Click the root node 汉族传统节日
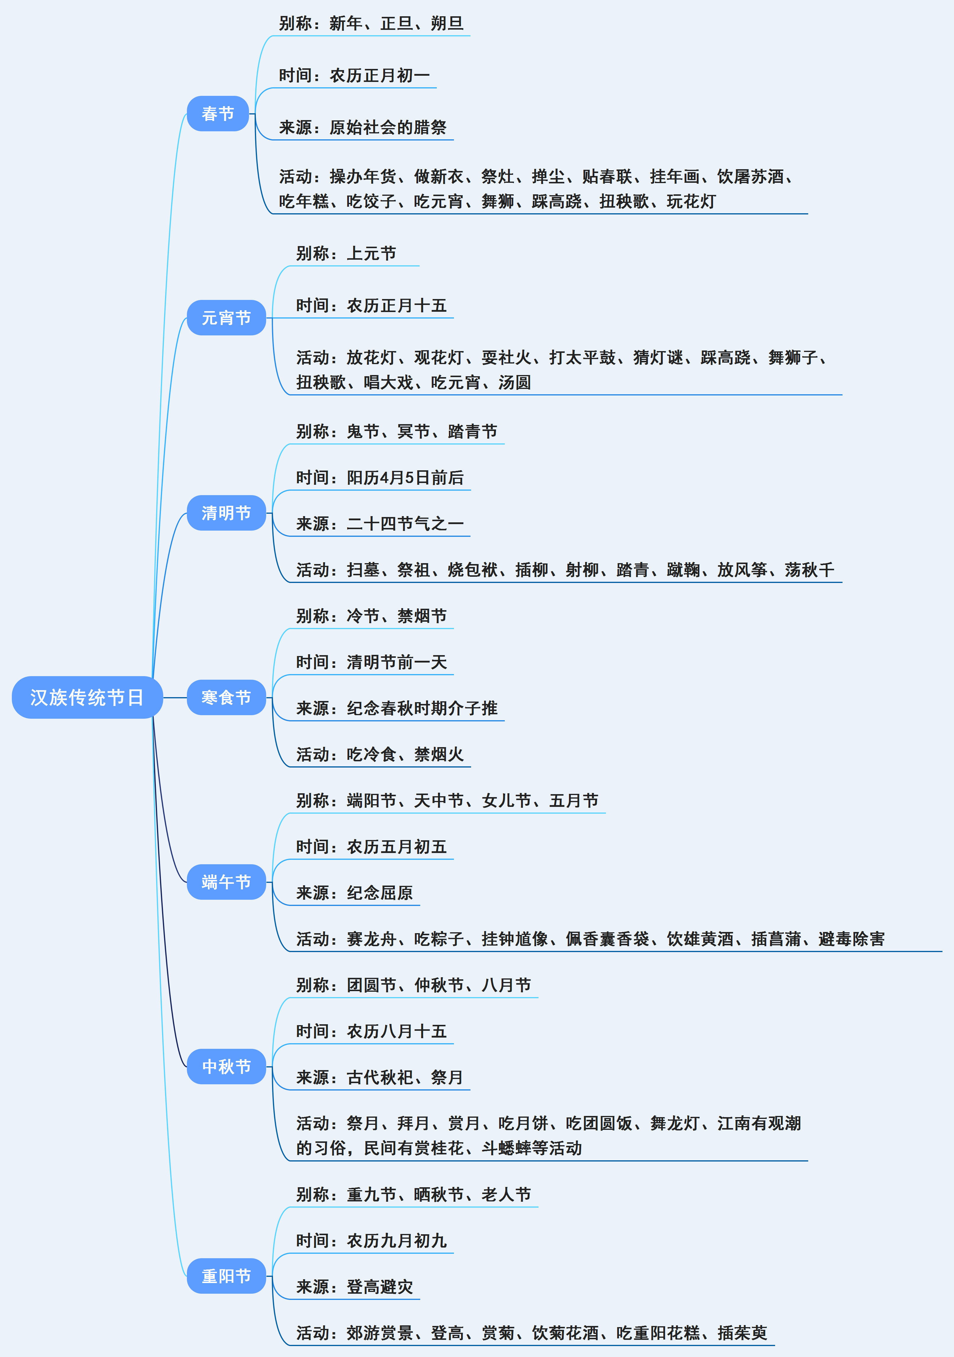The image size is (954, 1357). [x=87, y=697]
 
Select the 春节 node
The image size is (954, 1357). [x=218, y=114]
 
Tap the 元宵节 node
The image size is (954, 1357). [x=226, y=318]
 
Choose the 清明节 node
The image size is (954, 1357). [x=226, y=513]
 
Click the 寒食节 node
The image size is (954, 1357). [x=226, y=697]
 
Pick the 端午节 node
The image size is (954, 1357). [x=226, y=882]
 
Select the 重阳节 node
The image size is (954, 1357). [x=226, y=1276]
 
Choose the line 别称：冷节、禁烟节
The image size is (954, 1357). [x=371, y=616]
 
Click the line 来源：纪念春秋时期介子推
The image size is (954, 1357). [x=397, y=708]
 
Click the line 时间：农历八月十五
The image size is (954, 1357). [x=371, y=1031]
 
